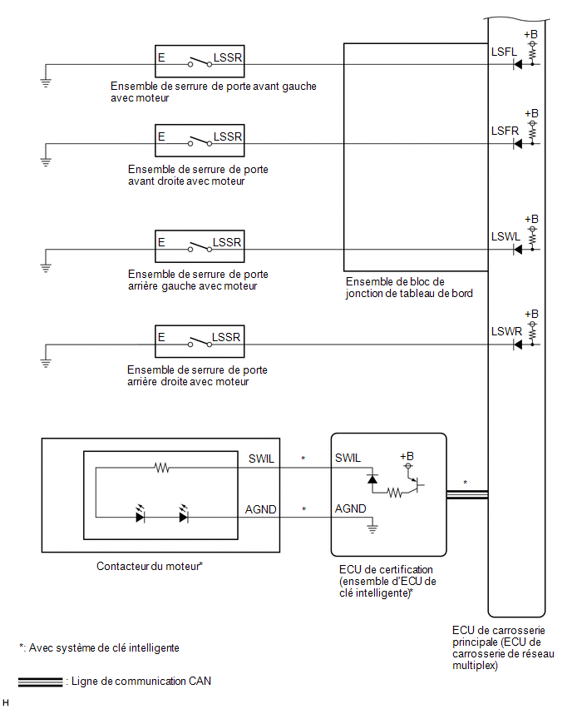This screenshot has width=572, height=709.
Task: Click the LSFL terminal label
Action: [x=504, y=52]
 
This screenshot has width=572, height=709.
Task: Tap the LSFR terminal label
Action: [x=505, y=131]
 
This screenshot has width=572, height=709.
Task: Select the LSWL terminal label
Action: [x=505, y=237]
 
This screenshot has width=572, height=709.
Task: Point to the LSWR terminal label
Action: [x=506, y=332]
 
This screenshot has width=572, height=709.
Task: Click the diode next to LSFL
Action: [x=518, y=65]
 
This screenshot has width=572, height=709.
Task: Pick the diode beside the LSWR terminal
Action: [x=518, y=345]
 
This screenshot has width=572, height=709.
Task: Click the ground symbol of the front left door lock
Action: [x=46, y=82]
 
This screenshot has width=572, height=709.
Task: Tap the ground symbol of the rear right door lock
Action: [x=46, y=363]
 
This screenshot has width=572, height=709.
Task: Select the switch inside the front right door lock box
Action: [x=200, y=141]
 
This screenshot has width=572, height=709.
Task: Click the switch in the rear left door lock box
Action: [x=200, y=247]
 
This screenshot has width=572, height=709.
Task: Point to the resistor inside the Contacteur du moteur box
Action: [x=162, y=468]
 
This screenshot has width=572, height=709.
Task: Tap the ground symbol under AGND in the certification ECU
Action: [x=372, y=528]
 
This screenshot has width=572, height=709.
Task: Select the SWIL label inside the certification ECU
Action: [x=348, y=458]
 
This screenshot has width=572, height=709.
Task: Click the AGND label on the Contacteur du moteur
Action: [x=261, y=509]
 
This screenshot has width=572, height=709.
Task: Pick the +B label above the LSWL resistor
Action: [x=531, y=220]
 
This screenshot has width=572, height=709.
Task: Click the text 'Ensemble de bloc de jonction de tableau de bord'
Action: [x=409, y=288]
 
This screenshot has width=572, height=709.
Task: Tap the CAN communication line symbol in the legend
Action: [x=40, y=682]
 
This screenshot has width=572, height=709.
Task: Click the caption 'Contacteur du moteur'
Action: [x=150, y=566]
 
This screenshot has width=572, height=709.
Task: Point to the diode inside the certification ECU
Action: [x=372, y=478]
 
